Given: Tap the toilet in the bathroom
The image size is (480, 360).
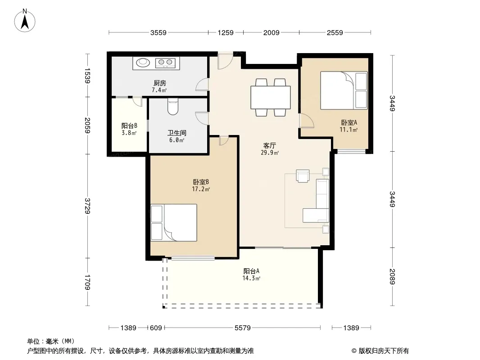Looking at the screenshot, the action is point(173,107).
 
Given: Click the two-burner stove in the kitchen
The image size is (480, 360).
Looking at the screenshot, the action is point(165,63).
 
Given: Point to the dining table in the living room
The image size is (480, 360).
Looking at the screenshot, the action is point(271,97).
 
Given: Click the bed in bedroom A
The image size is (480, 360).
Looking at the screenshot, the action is point(344,90).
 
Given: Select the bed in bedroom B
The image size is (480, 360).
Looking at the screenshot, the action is point(173,223).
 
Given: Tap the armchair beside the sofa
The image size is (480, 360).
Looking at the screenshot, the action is point(303,176).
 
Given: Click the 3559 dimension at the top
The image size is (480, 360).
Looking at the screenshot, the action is point(158,32).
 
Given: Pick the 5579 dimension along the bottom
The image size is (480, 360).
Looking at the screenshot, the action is point(242,328).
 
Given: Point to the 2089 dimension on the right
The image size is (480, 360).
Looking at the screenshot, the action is point(393,276).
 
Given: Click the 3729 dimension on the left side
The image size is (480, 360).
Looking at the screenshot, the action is point(87,206).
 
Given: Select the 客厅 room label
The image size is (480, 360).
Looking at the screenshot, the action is point(269,145).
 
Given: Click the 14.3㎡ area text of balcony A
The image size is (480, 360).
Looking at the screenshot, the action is point(251,279).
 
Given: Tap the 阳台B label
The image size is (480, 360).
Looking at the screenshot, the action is point(129,126).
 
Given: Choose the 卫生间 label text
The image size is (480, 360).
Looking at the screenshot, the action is point(177,133).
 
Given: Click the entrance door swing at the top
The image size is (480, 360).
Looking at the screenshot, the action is point(225,61).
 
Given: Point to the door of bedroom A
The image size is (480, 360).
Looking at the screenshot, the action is point(307,120).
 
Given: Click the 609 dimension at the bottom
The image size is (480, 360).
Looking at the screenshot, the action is point(156,328).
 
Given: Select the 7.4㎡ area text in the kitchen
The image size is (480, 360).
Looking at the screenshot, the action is point(159,90).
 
